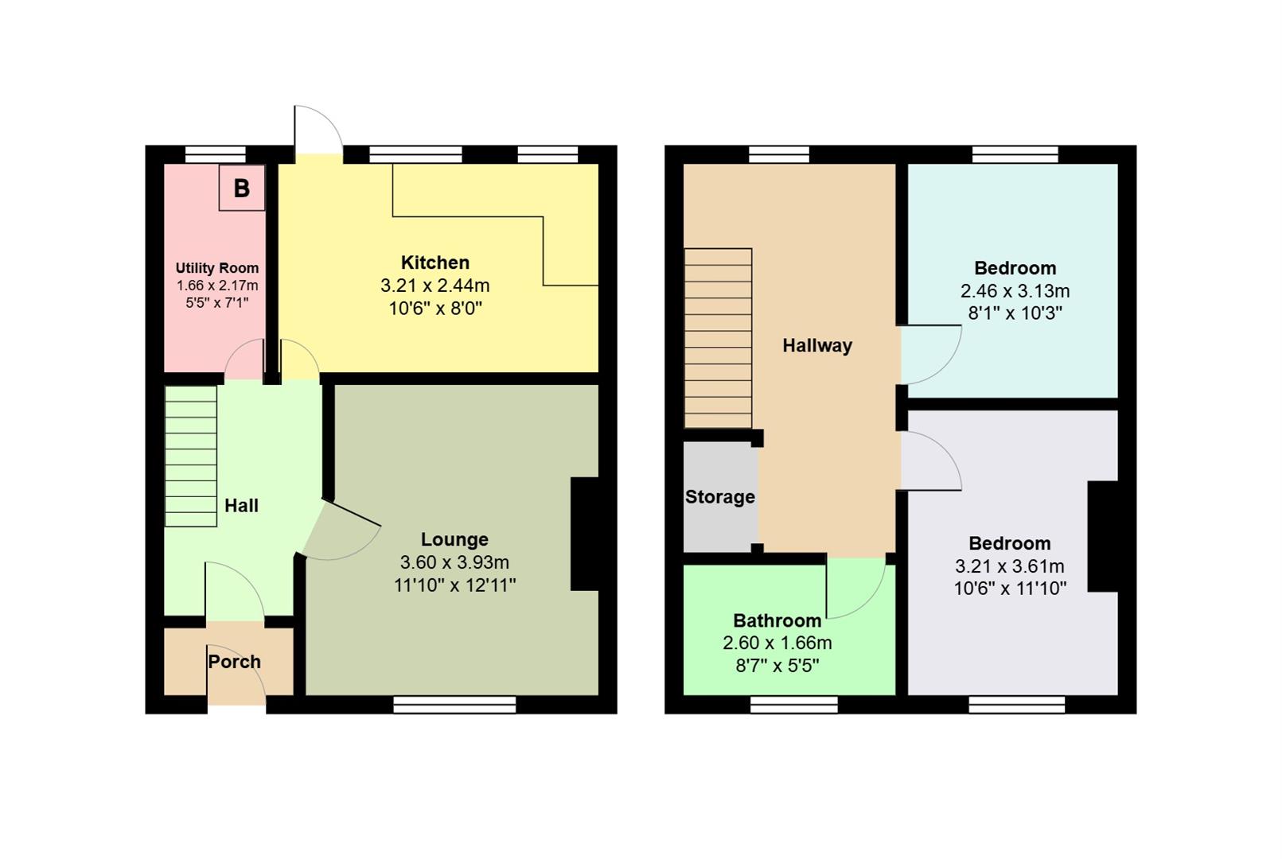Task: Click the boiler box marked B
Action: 241,188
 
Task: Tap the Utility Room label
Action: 216,268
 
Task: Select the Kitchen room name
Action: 434,262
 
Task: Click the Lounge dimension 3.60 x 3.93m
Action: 454,562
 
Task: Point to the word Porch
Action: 234,662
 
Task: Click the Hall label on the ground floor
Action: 241,506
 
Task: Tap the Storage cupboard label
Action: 719,497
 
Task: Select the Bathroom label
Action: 777,620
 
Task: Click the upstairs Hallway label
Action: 816,345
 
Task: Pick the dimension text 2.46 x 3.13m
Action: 1015,291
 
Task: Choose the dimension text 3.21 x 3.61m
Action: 1009,566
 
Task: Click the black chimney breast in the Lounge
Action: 585,534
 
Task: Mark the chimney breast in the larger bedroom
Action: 1103,536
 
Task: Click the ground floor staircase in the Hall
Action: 191,457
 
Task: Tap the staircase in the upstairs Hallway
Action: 718,339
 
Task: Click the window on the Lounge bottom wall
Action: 454,705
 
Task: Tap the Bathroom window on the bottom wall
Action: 793,705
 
